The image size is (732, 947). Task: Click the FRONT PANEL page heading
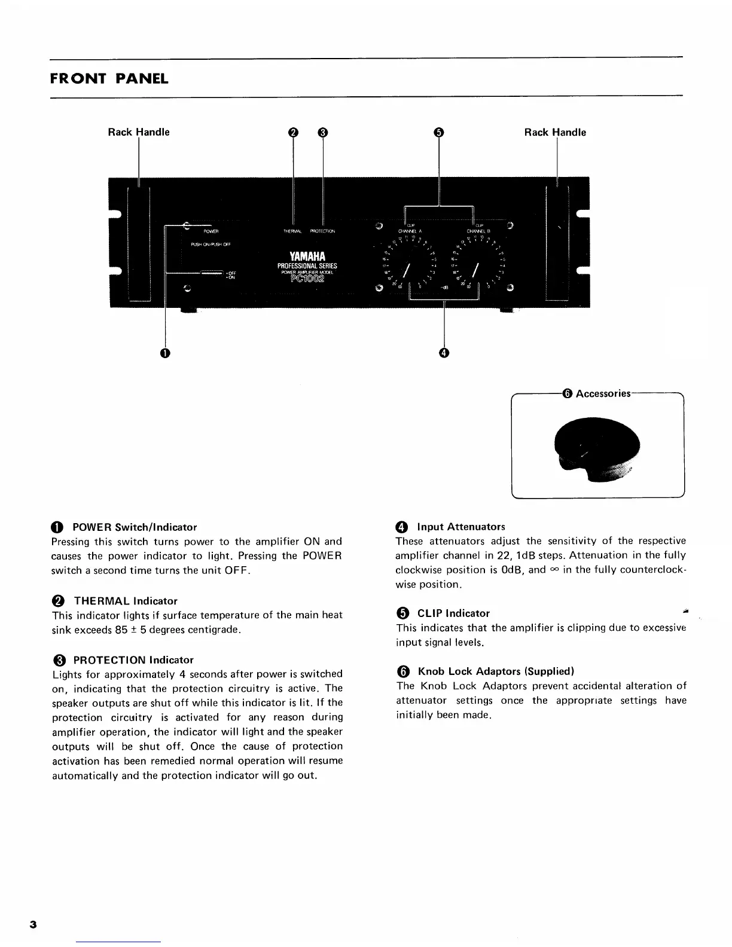click(109, 78)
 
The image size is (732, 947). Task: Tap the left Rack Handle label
click(138, 132)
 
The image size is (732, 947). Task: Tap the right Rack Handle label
click(554, 132)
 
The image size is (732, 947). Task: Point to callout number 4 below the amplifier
click(443, 353)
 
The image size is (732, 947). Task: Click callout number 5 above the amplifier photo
click(438, 133)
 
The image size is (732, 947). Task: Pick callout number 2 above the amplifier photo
click(293, 133)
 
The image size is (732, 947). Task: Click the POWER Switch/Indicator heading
click(134, 527)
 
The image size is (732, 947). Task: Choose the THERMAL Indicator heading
click(125, 601)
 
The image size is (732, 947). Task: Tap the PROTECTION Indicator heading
click(133, 660)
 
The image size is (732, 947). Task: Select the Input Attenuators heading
click(460, 527)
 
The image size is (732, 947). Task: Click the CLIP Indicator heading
click(453, 613)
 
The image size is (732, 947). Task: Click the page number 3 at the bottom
click(33, 925)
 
